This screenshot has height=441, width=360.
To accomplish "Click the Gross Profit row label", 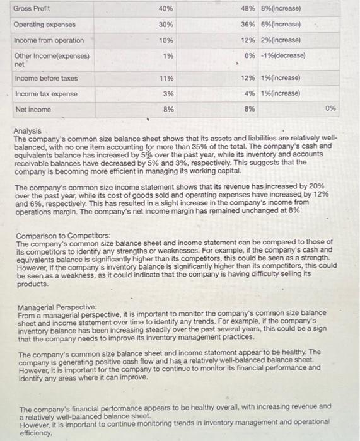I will (x=32, y=9).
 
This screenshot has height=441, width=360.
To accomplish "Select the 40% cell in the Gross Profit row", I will (x=166, y=9).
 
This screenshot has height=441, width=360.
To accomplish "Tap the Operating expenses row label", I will (x=44, y=25).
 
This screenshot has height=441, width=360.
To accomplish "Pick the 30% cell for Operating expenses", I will (x=166, y=25).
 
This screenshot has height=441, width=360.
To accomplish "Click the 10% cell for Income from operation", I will (x=166, y=40).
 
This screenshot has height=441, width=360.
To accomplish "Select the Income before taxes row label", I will (x=45, y=78).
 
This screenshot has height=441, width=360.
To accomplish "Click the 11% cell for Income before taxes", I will (x=166, y=78).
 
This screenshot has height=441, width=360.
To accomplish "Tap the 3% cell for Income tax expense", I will (x=168, y=94).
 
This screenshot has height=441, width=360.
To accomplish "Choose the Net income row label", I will (x=33, y=109).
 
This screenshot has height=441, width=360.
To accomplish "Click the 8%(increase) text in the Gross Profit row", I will (x=279, y=9).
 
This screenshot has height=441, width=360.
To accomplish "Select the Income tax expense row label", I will (x=45, y=94).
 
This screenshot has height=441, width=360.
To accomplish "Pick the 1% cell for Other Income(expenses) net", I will (x=168, y=55).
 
